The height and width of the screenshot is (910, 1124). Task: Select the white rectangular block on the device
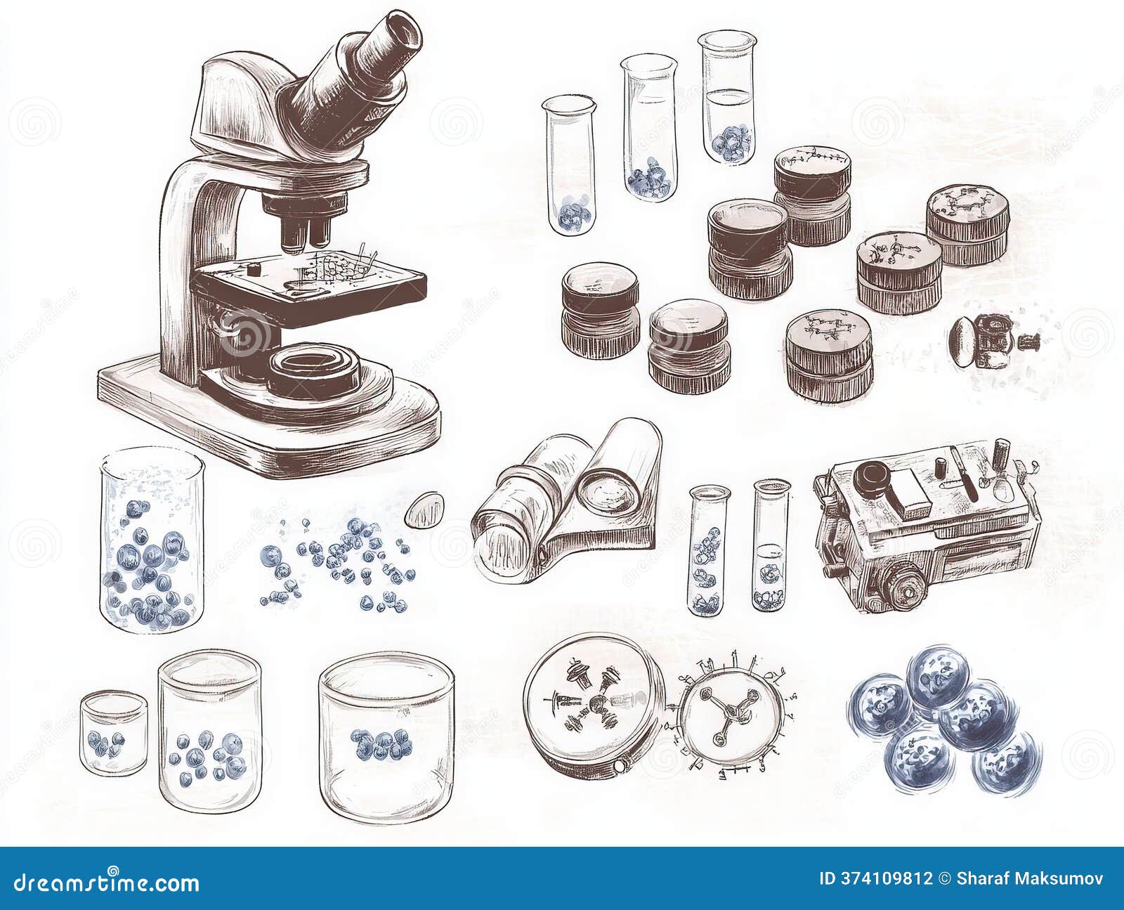[x=910, y=493]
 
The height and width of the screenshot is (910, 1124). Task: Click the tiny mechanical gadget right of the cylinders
[x=987, y=342]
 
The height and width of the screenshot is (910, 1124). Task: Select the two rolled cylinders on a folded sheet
[x=566, y=499]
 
